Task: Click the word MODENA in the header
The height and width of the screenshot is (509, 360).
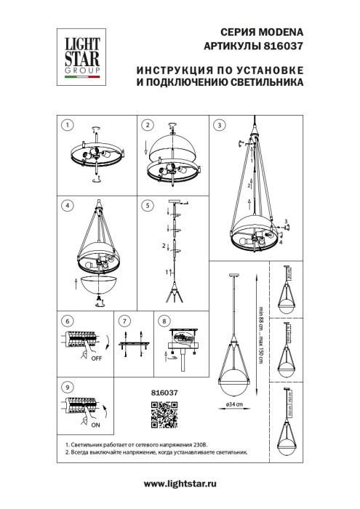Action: coord(277,33)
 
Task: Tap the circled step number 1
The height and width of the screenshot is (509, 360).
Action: coord(66,124)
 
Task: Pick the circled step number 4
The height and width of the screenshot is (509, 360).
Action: coord(66,206)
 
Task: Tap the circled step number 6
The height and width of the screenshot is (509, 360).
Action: coord(66,321)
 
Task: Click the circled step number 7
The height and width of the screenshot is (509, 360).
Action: coord(124,321)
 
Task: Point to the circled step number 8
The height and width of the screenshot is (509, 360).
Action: coord(164,321)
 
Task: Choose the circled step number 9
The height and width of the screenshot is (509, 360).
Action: coord(66,388)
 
